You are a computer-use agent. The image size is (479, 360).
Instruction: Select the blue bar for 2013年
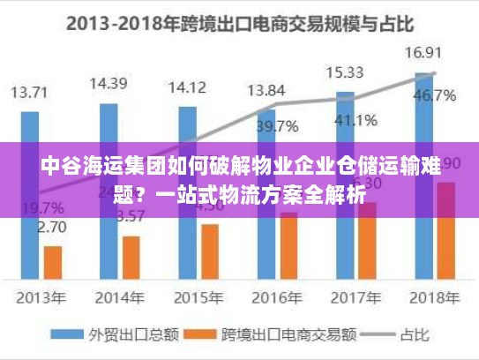point(30,176)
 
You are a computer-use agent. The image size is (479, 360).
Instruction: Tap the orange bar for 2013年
point(53,262)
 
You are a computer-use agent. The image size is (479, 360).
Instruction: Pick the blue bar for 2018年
point(423,176)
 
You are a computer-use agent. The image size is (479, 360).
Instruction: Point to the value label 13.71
point(30,91)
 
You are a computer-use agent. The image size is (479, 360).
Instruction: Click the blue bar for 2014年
point(109,176)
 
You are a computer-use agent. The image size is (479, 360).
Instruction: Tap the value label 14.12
point(187,87)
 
